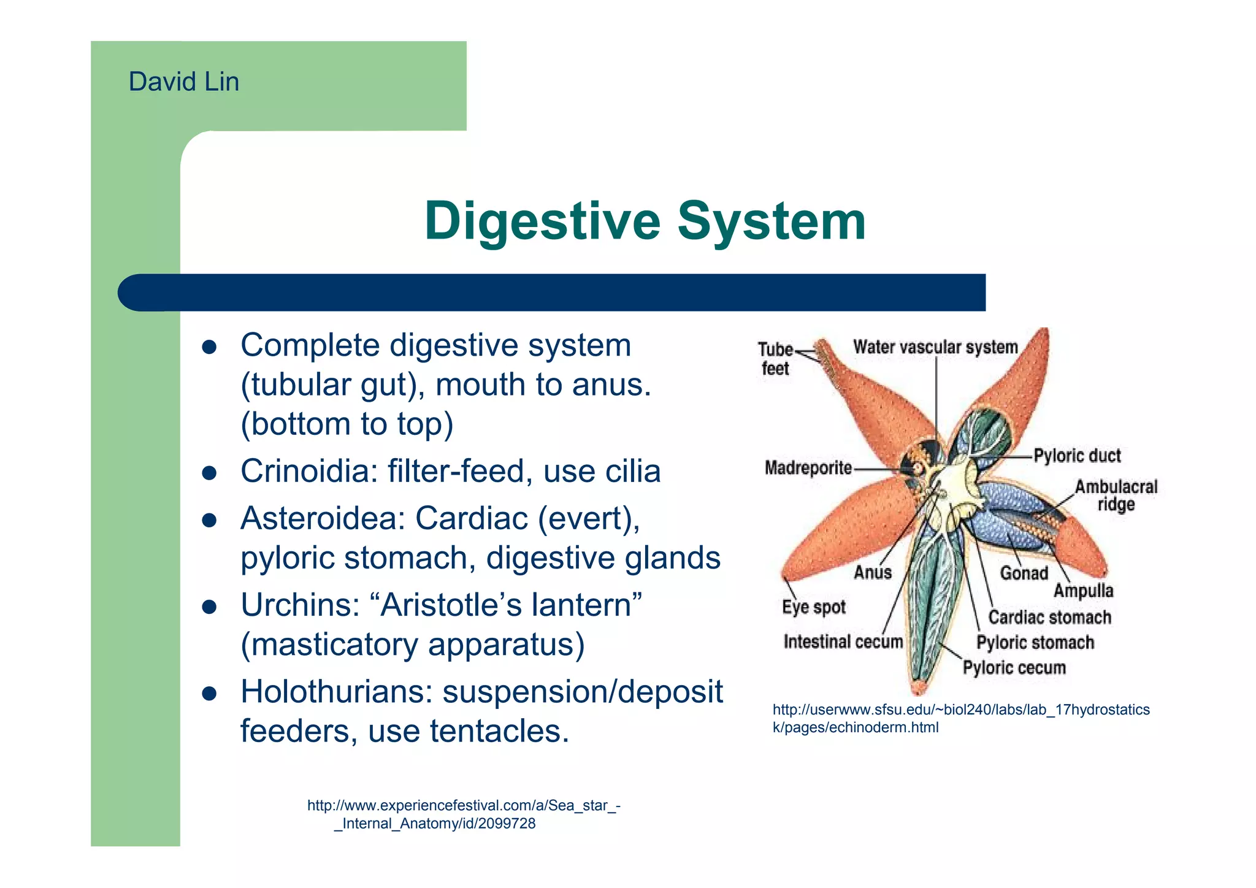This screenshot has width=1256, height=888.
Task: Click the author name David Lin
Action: click(183, 82)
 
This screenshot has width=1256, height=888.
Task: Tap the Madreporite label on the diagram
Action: click(808, 469)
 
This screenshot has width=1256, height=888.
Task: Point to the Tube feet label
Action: click(775, 359)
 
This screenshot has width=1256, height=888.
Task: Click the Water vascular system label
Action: click(935, 347)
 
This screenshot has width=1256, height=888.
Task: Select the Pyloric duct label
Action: click(1076, 456)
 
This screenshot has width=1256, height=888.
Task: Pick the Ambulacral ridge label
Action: click(1116, 496)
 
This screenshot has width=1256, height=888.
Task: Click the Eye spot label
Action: click(813, 607)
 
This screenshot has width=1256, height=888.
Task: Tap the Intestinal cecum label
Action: click(843, 641)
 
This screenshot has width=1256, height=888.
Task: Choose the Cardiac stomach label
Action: click(1049, 617)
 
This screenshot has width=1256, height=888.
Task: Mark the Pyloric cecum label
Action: click(1014, 667)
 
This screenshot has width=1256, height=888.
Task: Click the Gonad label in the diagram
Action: click(1024, 573)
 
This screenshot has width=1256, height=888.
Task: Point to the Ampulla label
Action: click(1083, 591)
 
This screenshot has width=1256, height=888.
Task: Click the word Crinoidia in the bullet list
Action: click(308, 472)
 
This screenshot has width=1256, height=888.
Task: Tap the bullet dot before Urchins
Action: click(210, 607)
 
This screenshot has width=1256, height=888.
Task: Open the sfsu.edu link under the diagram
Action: click(960, 718)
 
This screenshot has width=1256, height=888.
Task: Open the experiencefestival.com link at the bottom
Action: click(463, 814)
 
